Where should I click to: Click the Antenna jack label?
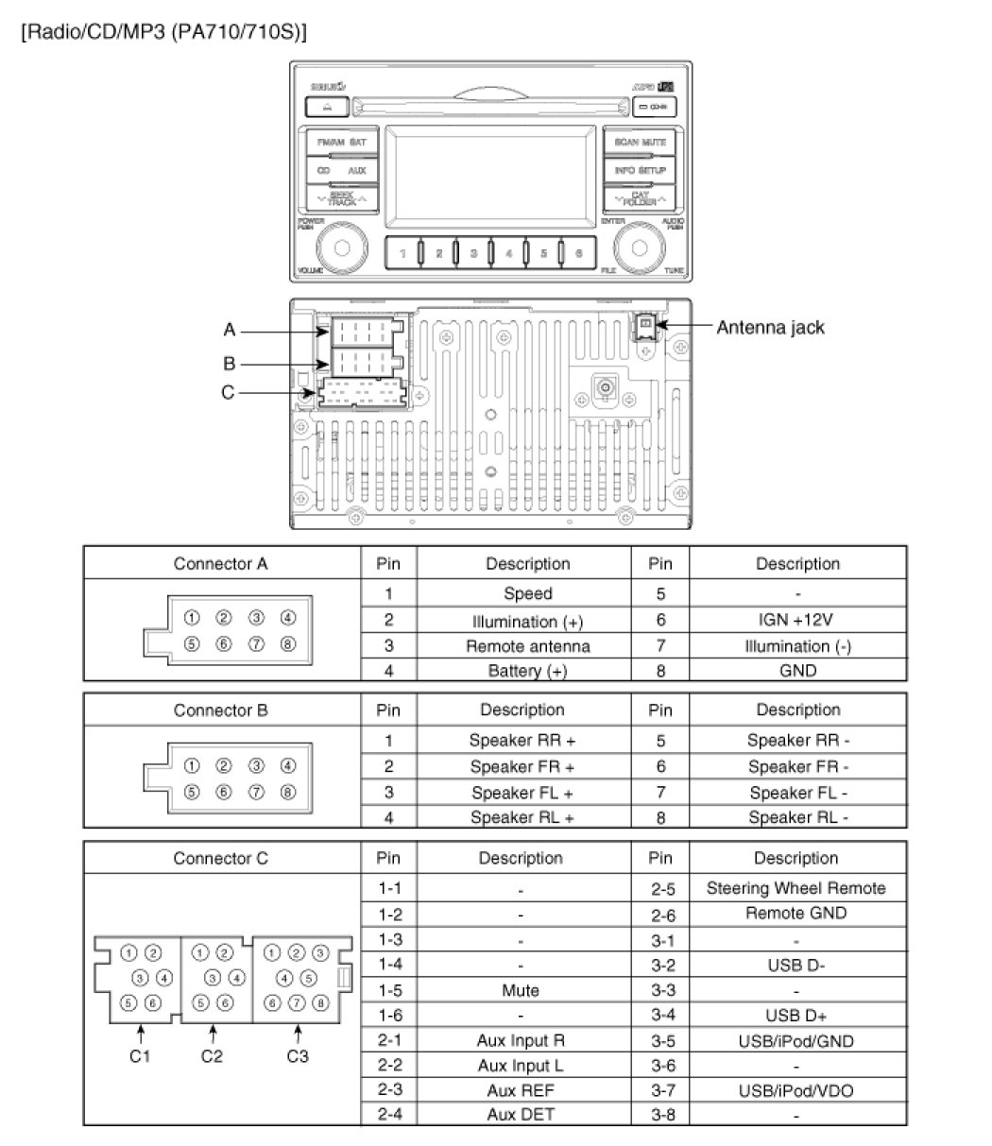coord(770,328)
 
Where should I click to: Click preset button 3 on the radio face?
coord(472,252)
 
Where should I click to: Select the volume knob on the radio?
coord(343,248)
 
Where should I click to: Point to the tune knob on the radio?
coord(639,248)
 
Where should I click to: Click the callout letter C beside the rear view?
coord(228,393)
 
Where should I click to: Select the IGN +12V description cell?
coord(796,621)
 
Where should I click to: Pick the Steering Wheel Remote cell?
coord(795,888)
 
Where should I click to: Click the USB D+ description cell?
coord(795,1016)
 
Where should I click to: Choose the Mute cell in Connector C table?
coord(521,991)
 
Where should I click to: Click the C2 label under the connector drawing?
coord(213,1056)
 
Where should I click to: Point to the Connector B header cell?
coord(222,710)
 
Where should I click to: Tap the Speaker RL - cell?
coord(797,818)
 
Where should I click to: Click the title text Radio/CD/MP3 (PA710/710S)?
coord(162,31)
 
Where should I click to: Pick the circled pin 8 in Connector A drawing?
coord(288,643)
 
